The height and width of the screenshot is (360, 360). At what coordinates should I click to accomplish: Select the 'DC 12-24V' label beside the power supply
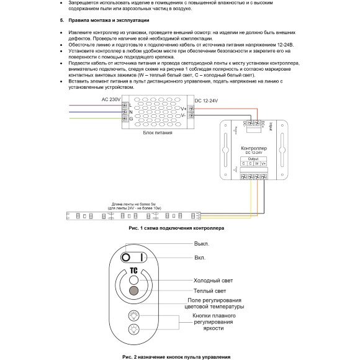(x=207, y=100)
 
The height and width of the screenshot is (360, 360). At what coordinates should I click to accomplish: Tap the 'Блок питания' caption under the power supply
(x=158, y=133)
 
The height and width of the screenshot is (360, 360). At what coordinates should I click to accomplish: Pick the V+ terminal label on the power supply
(x=184, y=108)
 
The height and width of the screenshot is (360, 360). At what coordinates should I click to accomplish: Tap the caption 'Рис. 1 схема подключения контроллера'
(x=176, y=228)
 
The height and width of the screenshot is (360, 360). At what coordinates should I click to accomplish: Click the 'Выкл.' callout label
(x=202, y=243)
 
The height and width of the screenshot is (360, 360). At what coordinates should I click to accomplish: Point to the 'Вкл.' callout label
(x=199, y=257)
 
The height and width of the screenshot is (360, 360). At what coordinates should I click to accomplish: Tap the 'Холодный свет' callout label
(x=214, y=280)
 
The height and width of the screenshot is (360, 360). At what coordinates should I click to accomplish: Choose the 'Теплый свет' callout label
(x=210, y=290)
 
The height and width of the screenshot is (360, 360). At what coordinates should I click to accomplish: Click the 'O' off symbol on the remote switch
(x=126, y=257)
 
